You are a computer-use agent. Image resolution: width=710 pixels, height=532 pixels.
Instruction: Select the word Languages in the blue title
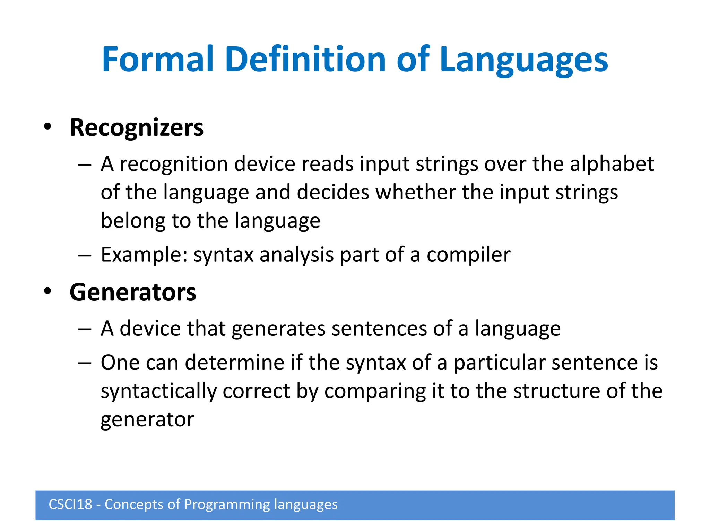[523, 61]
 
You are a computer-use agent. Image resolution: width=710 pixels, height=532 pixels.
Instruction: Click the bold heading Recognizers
[137, 128]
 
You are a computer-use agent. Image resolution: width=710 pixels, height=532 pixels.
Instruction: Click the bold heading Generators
[133, 292]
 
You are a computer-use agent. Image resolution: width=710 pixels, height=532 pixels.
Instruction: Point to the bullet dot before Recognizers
[47, 127]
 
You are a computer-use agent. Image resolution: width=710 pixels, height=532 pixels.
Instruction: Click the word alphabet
[612, 164]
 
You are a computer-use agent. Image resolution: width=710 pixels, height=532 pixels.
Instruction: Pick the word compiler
[468, 255]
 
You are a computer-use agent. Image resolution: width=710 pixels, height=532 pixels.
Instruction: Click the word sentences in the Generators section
[379, 328]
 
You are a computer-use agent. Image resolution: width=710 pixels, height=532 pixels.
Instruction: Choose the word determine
[235, 363]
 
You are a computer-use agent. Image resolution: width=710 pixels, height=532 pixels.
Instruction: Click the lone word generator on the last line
[147, 420]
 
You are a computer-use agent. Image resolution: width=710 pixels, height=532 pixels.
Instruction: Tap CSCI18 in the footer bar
[70, 505]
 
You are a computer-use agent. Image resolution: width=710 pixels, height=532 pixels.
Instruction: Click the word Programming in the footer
[227, 505]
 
